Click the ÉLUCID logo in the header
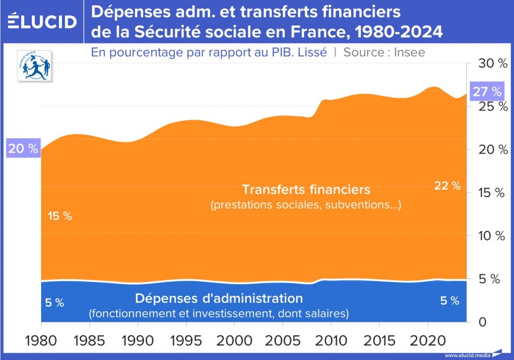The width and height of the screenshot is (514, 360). (42, 22)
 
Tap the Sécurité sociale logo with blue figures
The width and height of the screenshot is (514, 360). (34, 65)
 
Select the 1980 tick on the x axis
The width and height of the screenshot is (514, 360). (41, 340)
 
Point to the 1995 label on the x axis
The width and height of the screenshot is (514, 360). (186, 340)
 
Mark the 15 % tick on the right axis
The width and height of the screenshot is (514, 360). (490, 193)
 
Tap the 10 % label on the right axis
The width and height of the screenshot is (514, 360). (490, 236)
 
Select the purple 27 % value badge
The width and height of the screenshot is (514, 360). (487, 92)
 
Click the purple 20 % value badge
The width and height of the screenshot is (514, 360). (23, 149)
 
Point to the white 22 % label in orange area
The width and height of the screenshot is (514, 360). (447, 186)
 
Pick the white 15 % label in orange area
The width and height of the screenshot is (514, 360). (60, 216)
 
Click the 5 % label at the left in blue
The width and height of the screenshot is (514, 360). (54, 302)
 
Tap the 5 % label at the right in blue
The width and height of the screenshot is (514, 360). (449, 301)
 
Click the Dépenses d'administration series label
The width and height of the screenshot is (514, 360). (219, 298)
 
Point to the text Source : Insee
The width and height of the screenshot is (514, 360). (384, 52)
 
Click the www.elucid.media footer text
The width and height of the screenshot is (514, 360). (467, 355)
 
